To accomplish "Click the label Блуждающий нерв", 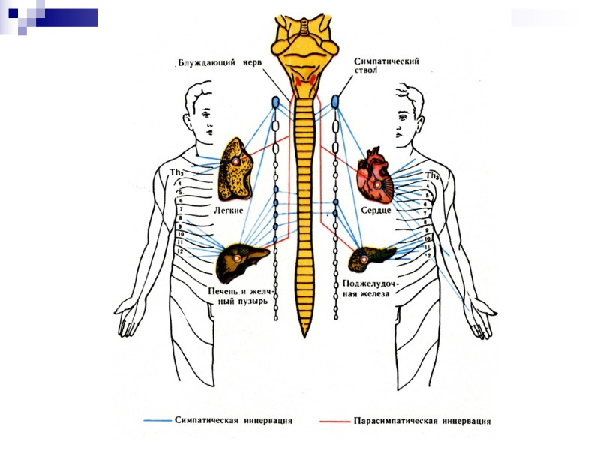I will click(x=219, y=63).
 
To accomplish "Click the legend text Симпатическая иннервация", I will click(x=233, y=420).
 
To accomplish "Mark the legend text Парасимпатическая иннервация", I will click(x=422, y=421).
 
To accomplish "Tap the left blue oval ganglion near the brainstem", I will click(x=275, y=100).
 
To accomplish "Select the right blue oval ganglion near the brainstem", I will click(x=335, y=100).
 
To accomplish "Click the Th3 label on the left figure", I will click(x=177, y=172).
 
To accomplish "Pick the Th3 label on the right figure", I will click(x=431, y=175).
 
